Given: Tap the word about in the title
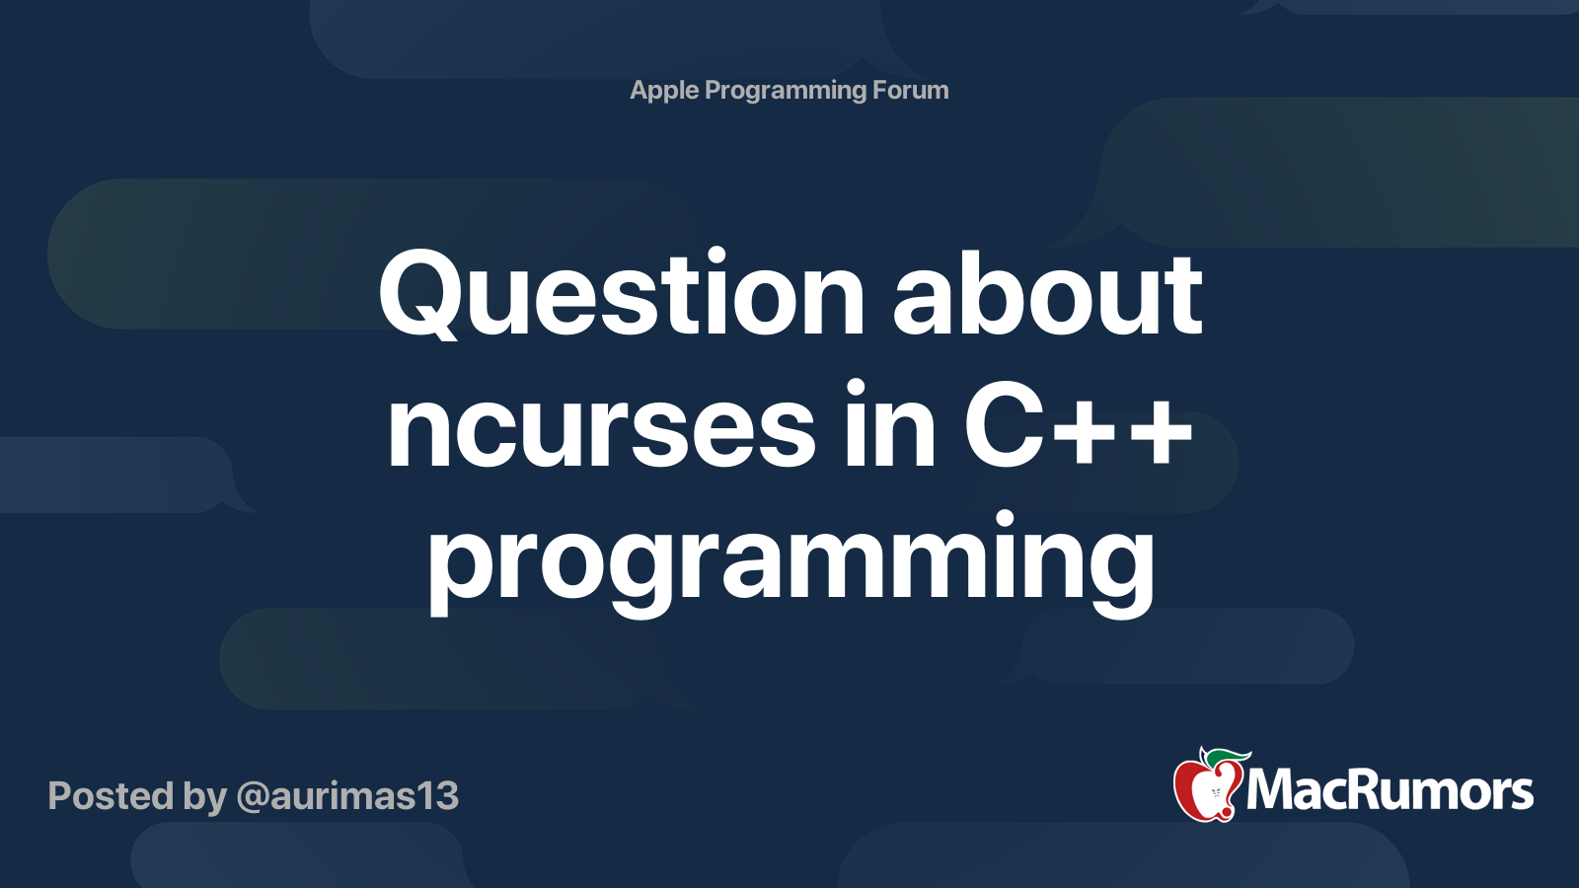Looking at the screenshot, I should coord(1048,296).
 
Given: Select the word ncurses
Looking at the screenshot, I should coord(601,429).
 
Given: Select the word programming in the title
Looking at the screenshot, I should coord(789,562).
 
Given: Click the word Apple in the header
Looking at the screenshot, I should coord(664,91).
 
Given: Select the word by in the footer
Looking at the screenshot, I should coord(204,797).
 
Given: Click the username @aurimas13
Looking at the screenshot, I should coord(347,796).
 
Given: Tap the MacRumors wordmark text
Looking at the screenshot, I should coord(1390,791).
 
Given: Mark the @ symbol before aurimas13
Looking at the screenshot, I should coord(252,797).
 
